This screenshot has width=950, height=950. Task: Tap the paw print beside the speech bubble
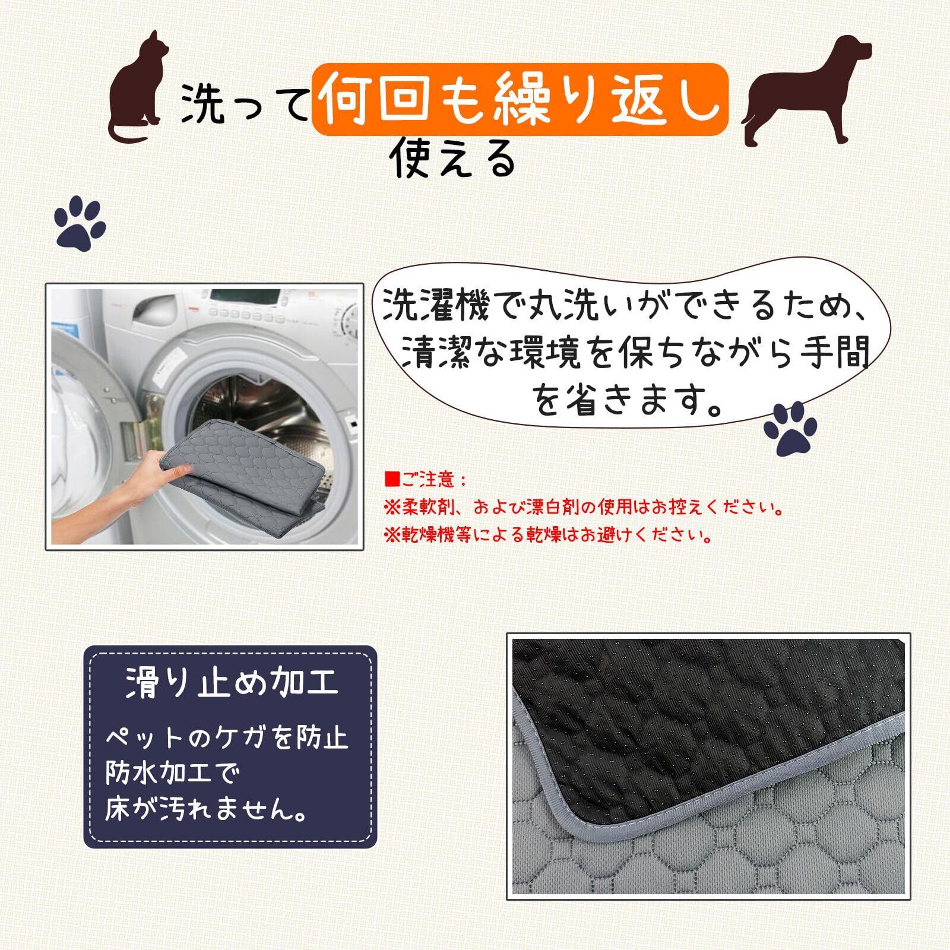point(790,428)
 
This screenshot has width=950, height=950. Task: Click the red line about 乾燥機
point(548,536)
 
